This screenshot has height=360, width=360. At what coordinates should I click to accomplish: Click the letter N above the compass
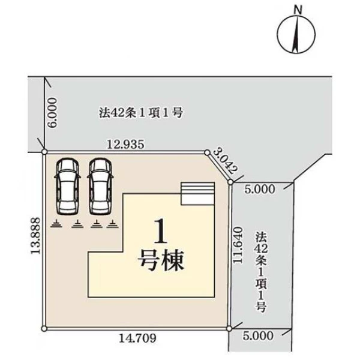[298, 10]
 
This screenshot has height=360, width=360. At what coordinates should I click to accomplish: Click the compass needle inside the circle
[295, 34]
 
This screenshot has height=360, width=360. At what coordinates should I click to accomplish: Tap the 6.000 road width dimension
[53, 113]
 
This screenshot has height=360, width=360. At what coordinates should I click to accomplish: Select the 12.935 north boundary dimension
[126, 145]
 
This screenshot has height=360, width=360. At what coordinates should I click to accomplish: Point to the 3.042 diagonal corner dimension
[225, 161]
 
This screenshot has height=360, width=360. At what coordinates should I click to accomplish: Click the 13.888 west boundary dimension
[35, 236]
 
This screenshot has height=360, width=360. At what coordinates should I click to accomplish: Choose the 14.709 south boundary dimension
[137, 338]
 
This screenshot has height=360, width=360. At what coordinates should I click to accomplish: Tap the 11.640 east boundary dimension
[238, 245]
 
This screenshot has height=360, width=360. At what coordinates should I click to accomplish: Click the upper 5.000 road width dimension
[259, 190]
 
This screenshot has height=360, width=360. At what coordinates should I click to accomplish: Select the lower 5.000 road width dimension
[258, 335]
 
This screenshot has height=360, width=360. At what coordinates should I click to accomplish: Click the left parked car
[67, 187]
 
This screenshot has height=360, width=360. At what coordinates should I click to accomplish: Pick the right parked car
[100, 187]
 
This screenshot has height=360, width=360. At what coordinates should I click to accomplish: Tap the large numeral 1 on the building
[160, 231]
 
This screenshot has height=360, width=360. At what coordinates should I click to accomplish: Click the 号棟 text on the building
[161, 260]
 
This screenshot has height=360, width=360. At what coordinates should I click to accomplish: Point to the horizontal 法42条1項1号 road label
[141, 113]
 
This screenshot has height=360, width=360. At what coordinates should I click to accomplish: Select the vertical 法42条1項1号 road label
[261, 272]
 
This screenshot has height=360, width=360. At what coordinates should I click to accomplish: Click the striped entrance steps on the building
[197, 194]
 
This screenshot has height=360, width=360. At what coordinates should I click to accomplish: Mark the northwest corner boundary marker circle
[44, 152]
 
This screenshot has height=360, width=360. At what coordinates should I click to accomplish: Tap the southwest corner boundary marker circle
[44, 329]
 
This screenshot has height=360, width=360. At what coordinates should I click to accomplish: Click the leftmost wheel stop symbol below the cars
[56, 224]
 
